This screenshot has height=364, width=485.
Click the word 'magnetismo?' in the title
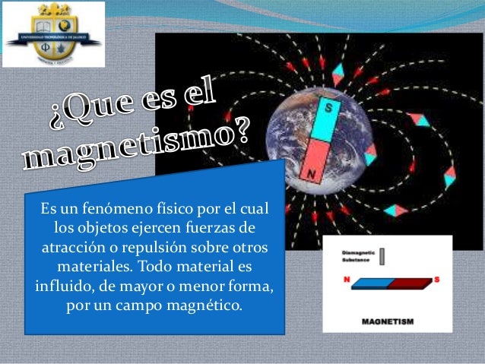pos(137,144)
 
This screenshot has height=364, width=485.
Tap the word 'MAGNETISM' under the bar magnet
pos(388,322)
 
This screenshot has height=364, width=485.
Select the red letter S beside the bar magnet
pos(437,280)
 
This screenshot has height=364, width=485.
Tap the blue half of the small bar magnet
pos(363,284)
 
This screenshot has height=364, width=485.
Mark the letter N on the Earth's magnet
pos(312,173)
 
